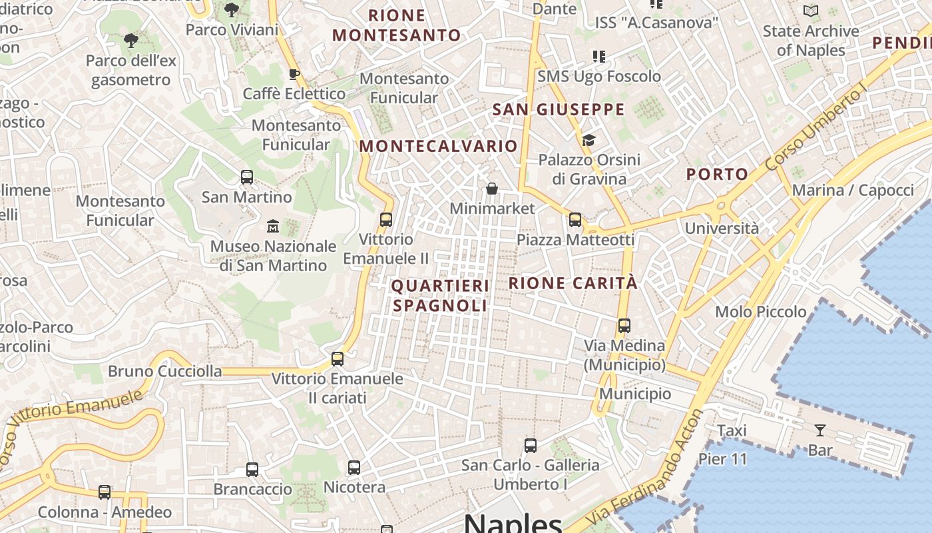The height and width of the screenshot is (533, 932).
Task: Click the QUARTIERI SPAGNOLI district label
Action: coord(439,295)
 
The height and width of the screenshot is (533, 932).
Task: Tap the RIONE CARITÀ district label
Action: coord(573,283)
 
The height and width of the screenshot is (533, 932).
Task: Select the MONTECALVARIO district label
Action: coord(438,146)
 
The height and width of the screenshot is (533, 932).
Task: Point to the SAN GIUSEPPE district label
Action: coord(559,110)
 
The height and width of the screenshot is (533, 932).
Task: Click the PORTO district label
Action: coord(717,175)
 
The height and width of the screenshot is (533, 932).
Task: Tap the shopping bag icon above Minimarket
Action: coord(492,189)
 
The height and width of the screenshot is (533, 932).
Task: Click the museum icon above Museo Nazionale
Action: coord(273,227)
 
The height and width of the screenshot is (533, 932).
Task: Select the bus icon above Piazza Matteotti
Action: coord(575,220)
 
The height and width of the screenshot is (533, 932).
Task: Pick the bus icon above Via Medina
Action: coord(624,326)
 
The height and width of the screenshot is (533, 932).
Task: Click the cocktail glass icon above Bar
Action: coord(819,430)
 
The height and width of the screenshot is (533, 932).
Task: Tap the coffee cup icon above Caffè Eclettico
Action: coord(294,74)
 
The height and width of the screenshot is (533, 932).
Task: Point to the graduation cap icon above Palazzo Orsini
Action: coord(588,140)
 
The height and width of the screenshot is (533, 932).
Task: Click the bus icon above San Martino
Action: coord(247,177)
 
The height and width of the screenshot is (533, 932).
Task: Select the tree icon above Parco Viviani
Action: coord(232,10)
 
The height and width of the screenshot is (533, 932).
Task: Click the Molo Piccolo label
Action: coord(760,312)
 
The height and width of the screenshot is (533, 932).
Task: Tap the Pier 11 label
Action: coord(722,459)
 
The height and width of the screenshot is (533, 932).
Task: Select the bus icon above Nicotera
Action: coord(354,468)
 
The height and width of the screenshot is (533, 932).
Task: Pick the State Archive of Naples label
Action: coord(810,41)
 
